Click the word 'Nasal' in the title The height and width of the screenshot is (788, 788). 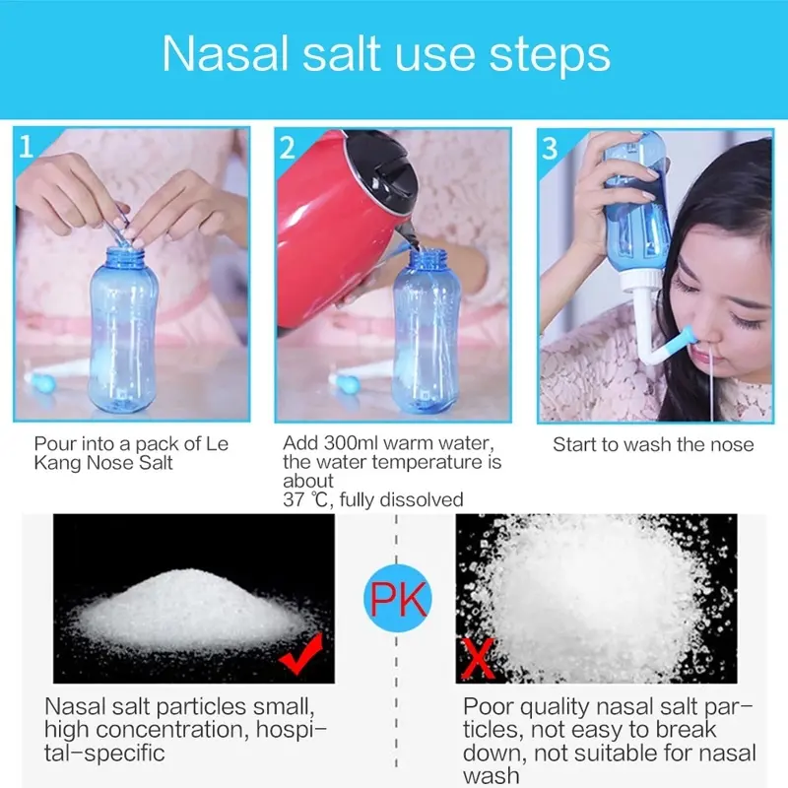point(225,54)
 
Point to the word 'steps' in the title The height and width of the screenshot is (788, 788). point(550,56)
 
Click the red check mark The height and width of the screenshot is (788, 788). point(301,652)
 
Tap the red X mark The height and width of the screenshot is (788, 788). point(477,658)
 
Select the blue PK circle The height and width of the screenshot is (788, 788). point(398,598)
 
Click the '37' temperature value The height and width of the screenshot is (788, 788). point(294,499)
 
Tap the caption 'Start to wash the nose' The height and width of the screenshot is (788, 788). point(653,444)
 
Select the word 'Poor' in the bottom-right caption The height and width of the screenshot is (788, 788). point(488,706)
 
